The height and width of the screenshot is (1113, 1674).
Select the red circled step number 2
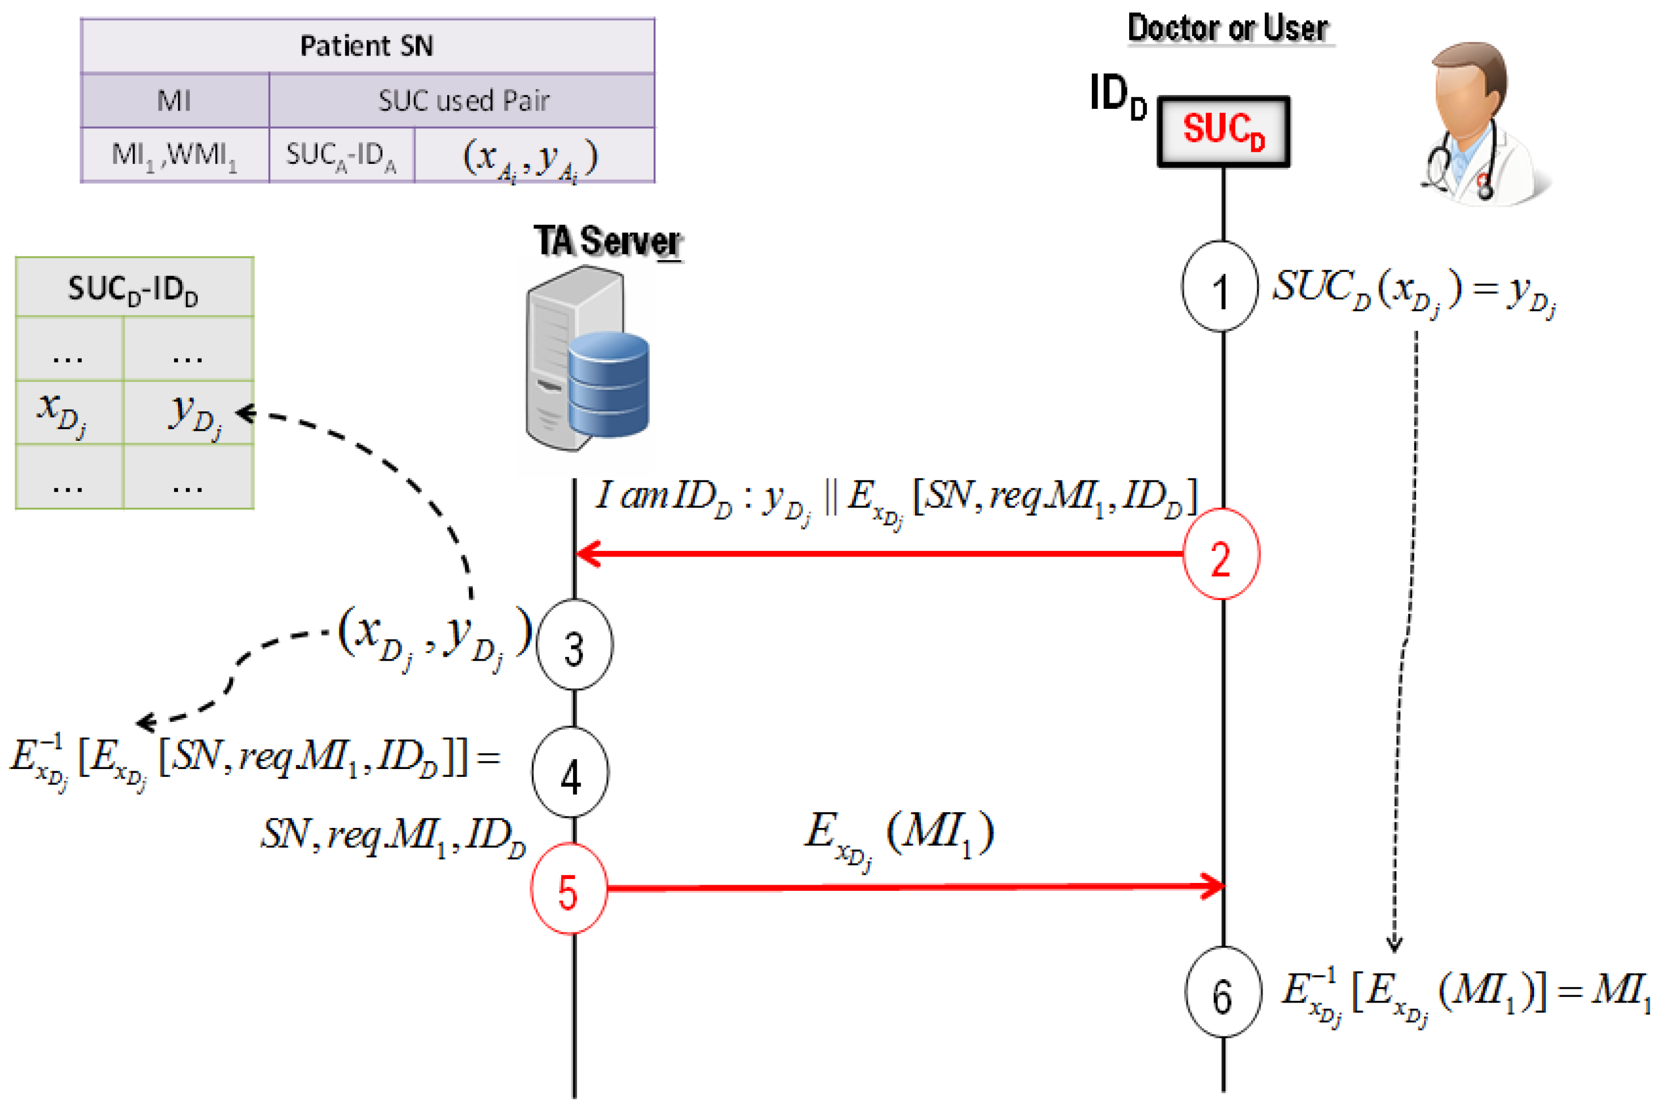pos(1220,554)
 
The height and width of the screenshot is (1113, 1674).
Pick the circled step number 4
pos(570,772)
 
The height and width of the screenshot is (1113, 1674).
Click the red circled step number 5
pos(569,888)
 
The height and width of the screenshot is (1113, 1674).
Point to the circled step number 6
pos(1223,992)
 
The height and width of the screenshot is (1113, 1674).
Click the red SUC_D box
pos(1223,131)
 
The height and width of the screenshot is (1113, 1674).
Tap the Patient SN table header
pos(367,46)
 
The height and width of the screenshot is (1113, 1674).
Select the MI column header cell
pos(175,100)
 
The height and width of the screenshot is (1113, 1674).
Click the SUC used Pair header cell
pos(462,100)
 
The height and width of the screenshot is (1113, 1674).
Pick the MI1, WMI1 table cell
pos(175,155)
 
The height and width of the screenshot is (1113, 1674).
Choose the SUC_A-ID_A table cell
pos(341,155)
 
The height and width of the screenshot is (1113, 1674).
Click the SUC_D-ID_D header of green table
pos(134,288)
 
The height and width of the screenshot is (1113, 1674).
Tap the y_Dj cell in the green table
pos(189,413)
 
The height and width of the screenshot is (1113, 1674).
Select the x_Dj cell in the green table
pos(69,413)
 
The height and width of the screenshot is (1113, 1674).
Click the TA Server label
pos(608,241)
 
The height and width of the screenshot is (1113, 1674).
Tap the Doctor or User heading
pos(1228,28)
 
